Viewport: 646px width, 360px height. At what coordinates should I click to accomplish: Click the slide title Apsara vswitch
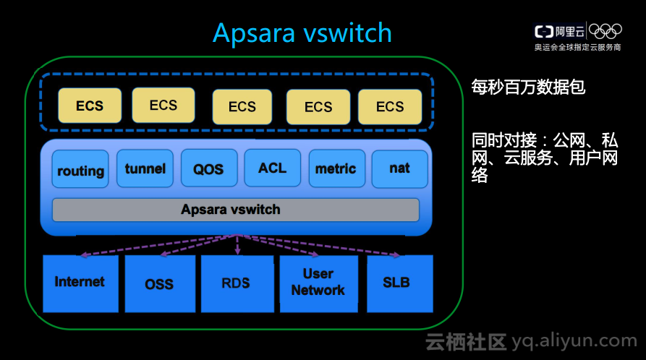click(302, 33)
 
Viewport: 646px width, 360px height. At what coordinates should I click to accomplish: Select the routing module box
click(80, 170)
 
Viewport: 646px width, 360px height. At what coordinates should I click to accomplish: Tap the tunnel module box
click(145, 168)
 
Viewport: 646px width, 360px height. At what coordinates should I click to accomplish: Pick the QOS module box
click(208, 169)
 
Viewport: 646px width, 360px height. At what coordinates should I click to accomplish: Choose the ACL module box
click(272, 168)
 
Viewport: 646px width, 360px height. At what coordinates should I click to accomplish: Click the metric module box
click(336, 168)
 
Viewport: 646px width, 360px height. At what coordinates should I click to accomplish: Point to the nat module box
click(399, 168)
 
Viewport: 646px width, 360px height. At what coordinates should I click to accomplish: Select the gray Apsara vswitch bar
click(235, 210)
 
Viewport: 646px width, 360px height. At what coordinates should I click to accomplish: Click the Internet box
click(80, 283)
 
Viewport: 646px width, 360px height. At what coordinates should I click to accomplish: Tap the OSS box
click(159, 283)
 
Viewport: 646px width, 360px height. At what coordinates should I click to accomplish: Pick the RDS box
click(237, 283)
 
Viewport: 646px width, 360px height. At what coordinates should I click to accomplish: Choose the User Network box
click(318, 283)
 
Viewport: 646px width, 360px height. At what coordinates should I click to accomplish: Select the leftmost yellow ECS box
click(90, 106)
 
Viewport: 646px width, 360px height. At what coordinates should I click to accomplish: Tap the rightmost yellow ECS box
click(390, 107)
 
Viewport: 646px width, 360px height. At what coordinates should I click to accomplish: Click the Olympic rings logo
click(605, 30)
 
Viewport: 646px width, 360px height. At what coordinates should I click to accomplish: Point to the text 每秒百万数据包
click(528, 88)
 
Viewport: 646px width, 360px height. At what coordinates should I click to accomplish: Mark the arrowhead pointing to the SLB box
click(396, 254)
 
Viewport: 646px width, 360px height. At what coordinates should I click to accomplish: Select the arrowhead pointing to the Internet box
click(84, 254)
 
